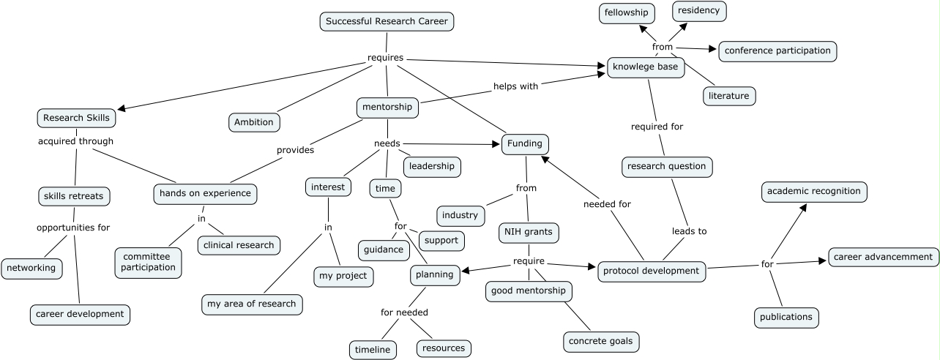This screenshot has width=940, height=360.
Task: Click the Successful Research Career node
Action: (387, 21)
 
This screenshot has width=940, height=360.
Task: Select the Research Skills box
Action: (76, 118)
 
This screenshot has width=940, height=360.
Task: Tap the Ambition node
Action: (253, 122)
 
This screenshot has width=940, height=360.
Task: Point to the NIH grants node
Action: (529, 233)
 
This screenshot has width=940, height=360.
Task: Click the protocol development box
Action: (652, 271)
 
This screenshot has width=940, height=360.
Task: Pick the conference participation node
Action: (777, 50)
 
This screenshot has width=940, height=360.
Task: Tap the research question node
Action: (667, 166)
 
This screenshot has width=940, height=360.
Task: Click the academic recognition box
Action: (814, 192)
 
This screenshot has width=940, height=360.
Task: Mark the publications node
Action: (786, 317)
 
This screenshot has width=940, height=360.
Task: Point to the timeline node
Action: (373, 350)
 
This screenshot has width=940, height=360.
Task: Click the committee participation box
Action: (148, 262)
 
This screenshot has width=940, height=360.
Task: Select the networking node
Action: (31, 268)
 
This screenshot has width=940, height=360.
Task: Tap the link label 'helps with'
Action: (515, 86)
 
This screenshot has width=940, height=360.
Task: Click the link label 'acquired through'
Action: (75, 141)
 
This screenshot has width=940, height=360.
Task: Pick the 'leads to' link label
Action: (689, 231)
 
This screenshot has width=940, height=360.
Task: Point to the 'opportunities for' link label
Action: (73, 228)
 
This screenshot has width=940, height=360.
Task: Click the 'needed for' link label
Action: (607, 204)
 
